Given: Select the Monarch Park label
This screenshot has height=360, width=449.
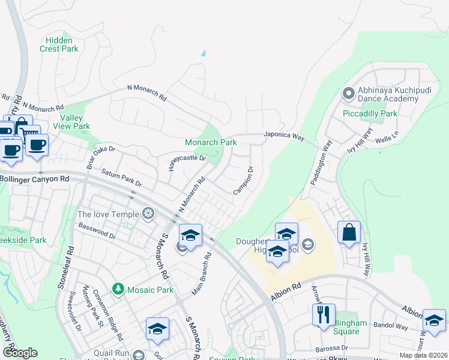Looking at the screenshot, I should [211, 143].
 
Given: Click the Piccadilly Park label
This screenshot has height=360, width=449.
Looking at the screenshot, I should [370, 113].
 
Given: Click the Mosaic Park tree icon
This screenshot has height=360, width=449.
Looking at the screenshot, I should [119, 290].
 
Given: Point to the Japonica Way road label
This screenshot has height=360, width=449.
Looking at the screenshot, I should [285, 136].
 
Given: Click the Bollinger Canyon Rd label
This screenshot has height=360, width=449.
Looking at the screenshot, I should [35, 179].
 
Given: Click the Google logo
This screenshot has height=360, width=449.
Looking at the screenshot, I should [20, 352].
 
